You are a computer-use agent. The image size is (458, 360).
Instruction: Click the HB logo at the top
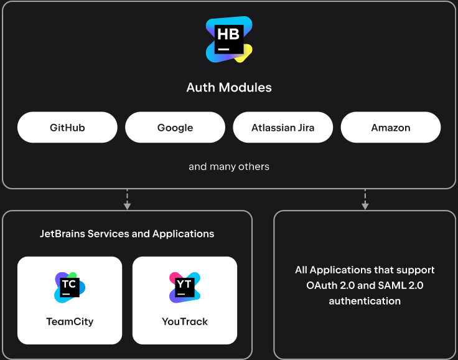[x=229, y=40]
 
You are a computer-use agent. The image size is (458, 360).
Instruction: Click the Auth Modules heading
[x=229, y=87]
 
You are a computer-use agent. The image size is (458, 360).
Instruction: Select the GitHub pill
[x=67, y=128]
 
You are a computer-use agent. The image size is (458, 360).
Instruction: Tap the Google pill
[x=175, y=128]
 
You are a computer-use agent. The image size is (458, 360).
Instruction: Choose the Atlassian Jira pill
[x=283, y=128]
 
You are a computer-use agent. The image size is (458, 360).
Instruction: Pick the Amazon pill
[x=391, y=128]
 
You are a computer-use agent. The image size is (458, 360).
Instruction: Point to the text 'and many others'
[x=229, y=166]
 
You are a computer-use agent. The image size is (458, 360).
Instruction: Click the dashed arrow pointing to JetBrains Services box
[x=127, y=199]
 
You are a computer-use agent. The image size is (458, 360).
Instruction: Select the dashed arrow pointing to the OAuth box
[x=365, y=199]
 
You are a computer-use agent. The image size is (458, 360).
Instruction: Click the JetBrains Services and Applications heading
[x=127, y=234]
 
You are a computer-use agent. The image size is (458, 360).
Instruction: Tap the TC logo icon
[x=69, y=287]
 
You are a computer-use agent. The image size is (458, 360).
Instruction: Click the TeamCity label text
[x=70, y=321]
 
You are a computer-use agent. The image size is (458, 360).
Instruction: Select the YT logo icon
[x=185, y=287]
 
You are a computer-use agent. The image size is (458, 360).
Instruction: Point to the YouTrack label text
[x=185, y=321]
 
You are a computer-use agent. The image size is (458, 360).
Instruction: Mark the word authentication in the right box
[x=365, y=301]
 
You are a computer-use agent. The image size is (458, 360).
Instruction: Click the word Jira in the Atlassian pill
[x=304, y=128]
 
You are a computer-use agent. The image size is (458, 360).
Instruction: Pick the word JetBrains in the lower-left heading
[x=62, y=234]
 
